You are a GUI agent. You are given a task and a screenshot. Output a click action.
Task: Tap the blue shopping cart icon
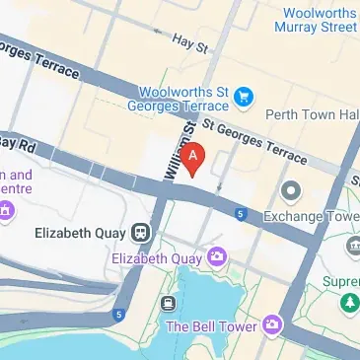tap(243, 96)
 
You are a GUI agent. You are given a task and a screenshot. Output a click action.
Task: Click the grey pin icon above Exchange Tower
tap(290, 189)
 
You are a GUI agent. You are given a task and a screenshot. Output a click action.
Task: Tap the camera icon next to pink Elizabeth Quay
tap(216, 257)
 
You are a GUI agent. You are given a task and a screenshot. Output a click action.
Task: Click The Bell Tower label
tap(211, 325)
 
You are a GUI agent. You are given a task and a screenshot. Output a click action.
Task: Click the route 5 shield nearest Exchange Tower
tap(241, 213)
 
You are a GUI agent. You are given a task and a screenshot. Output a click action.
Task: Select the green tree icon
tap(346, 302)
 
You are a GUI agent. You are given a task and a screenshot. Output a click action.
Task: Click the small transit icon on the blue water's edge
tap(169, 303)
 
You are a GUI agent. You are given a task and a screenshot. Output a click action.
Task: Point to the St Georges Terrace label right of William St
tap(254, 139)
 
